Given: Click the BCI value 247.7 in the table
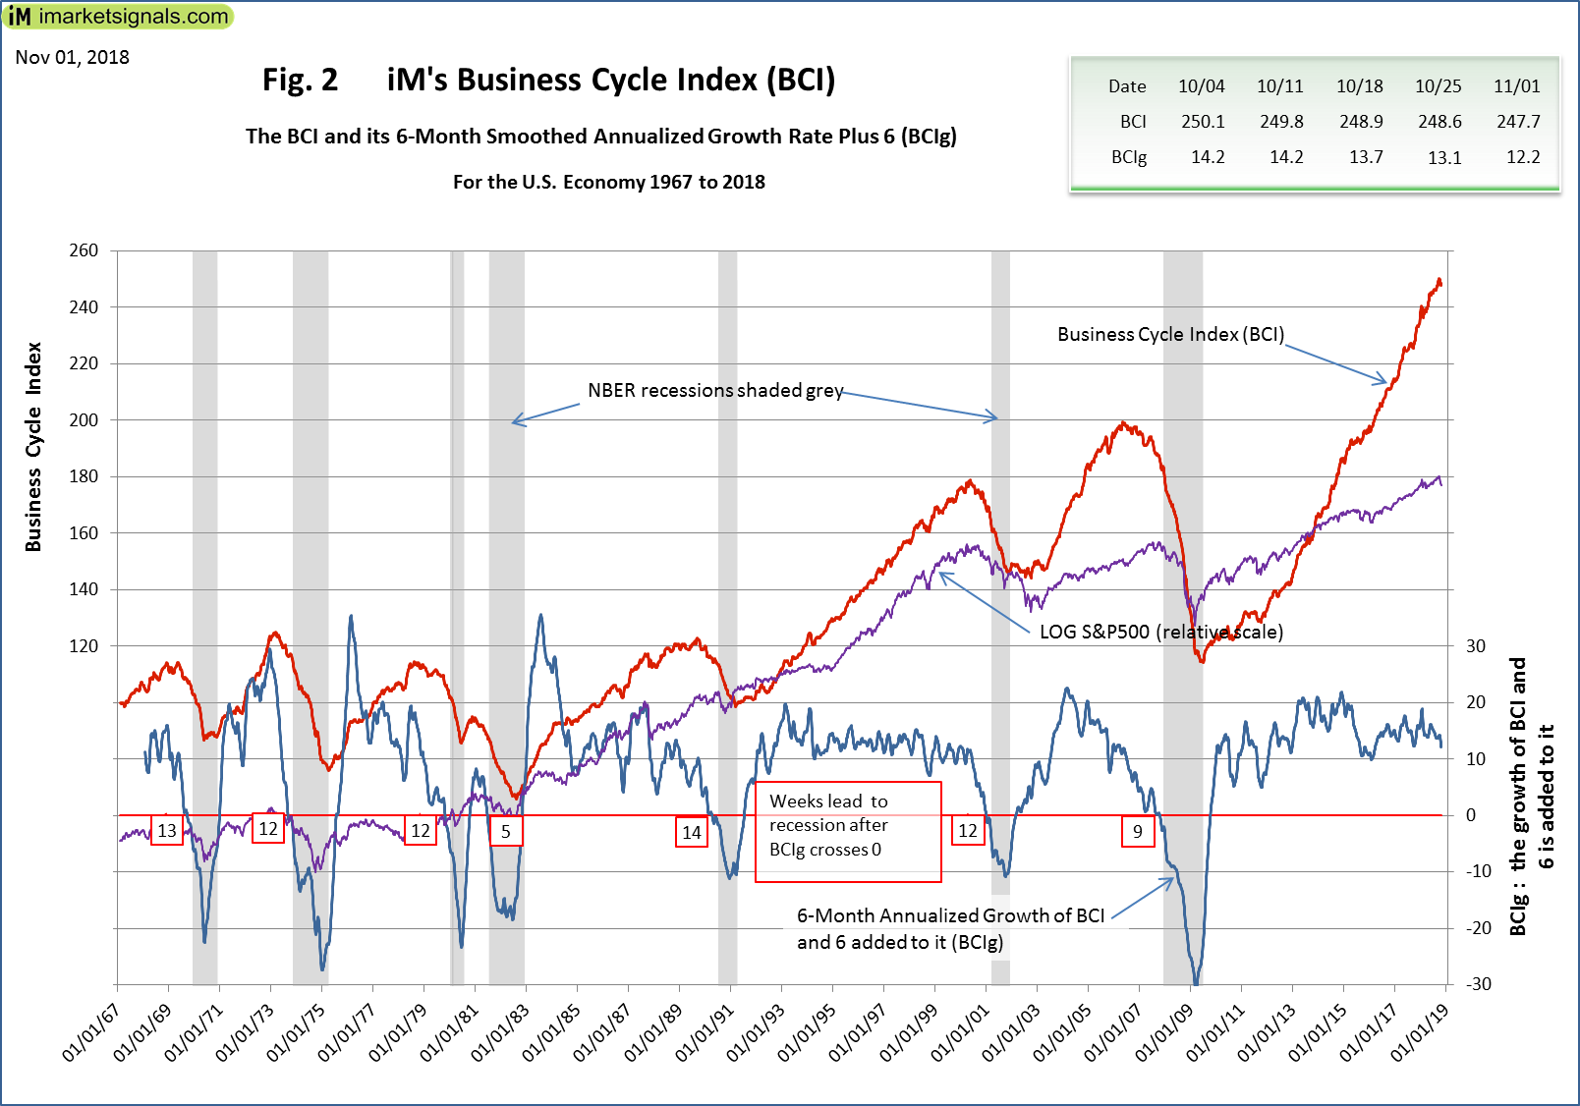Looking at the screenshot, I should [1518, 122].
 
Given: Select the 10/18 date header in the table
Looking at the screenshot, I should [1360, 86].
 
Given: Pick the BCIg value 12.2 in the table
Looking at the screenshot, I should [1523, 157].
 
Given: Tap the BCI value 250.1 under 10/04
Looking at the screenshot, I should [1203, 122].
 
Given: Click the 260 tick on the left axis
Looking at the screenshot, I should [84, 250].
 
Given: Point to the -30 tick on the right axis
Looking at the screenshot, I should [1478, 984].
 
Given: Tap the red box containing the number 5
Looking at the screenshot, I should [506, 832].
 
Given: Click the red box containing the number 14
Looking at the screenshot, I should [692, 833].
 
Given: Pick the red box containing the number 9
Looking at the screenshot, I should [1138, 832].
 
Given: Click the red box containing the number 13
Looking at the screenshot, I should [167, 831].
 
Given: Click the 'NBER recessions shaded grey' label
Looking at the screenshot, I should [715, 391].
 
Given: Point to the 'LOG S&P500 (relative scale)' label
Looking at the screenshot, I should [1161, 632].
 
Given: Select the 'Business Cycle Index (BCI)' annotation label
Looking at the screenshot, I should [1170, 335].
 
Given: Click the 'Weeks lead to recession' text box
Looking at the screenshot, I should [847, 831].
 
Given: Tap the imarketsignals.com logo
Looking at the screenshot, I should [119, 16].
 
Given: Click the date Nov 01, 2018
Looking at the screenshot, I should [73, 57].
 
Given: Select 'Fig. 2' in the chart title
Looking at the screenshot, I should [300, 81].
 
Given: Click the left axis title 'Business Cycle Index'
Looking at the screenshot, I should [34, 447].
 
